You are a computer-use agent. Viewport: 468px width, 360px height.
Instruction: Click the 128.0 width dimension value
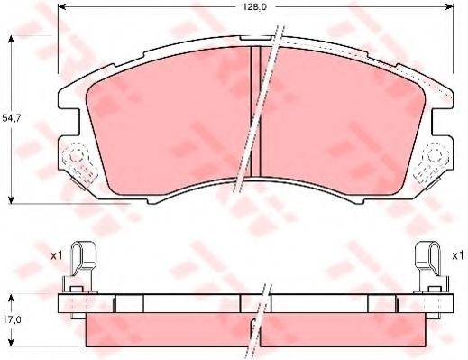(x=254, y=7)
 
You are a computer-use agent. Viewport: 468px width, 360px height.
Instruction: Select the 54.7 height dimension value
(x=12, y=118)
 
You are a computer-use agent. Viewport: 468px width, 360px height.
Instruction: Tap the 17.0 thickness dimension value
(x=12, y=320)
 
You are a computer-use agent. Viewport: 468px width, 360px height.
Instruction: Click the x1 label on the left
(x=56, y=255)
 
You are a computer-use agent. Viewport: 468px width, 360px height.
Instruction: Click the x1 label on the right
(x=458, y=255)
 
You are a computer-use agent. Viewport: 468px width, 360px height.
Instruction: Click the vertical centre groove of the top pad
(x=256, y=111)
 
